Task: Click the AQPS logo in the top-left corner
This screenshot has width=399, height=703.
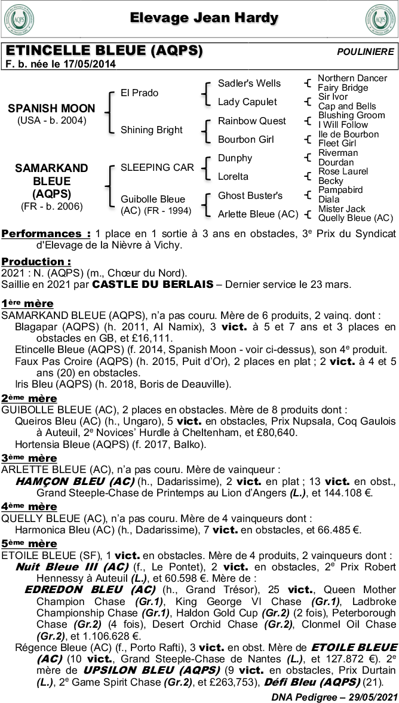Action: tap(19, 20)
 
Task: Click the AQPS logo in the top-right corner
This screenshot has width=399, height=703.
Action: tap(380, 20)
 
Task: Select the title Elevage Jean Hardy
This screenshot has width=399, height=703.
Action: tap(204, 18)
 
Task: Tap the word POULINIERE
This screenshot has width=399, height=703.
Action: tap(366, 52)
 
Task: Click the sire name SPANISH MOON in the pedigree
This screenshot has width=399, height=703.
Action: tap(51, 108)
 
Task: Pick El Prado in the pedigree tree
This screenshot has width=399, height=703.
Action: tap(139, 93)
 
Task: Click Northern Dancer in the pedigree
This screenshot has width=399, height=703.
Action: tap(352, 78)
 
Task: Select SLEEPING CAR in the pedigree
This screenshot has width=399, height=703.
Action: tap(157, 167)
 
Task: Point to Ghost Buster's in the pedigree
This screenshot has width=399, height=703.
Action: tap(250, 195)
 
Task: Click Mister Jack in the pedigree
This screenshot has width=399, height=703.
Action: tap(342, 209)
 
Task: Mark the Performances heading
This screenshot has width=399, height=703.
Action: tap(46, 234)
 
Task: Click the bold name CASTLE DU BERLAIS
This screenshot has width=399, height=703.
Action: tap(153, 285)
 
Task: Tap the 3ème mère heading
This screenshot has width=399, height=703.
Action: tap(29, 458)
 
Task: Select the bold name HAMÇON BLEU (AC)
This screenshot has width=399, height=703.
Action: tap(74, 481)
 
